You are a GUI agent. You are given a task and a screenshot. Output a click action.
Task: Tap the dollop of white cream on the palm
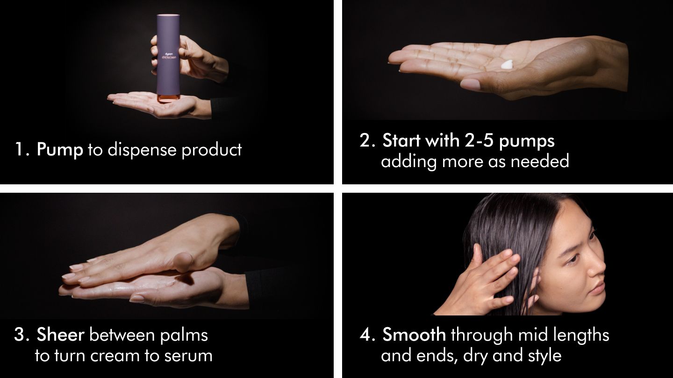click(507, 65)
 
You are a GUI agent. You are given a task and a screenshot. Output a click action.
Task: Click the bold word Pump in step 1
click(59, 150)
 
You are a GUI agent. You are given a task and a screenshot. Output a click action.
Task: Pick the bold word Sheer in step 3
click(60, 335)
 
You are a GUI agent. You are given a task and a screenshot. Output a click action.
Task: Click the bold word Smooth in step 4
click(414, 335)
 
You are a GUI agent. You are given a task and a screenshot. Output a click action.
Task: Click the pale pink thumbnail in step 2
click(470, 84)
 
